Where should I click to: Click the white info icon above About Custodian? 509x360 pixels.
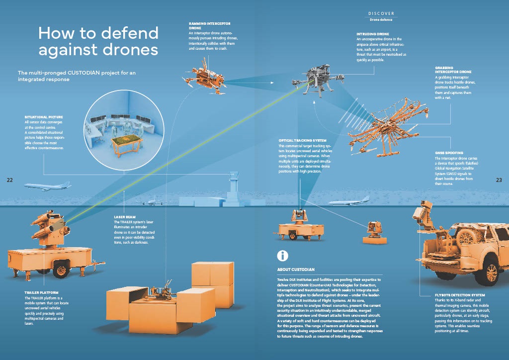pyautogui.click(x=283, y=256)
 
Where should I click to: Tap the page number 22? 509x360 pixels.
pyautogui.click(x=9, y=180)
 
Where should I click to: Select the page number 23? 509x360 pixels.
pyautogui.click(x=499, y=180)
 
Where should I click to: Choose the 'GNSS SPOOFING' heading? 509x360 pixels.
pyautogui.click(x=449, y=153)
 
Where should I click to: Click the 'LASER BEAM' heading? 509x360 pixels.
pyautogui.click(x=124, y=217)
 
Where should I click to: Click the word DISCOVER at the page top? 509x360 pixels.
pyautogui.click(x=381, y=13)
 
